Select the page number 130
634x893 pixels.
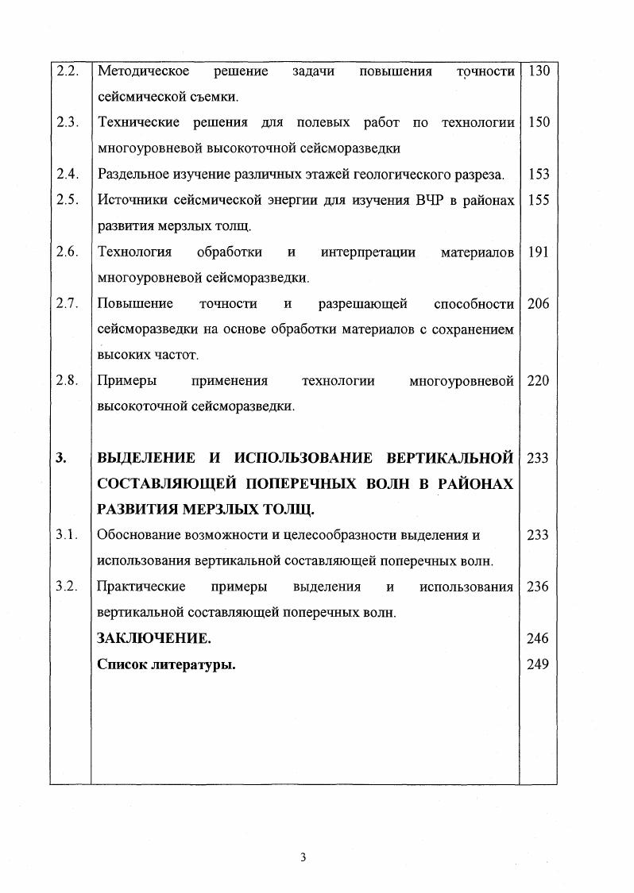[538, 71]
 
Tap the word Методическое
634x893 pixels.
[143, 71]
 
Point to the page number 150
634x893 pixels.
[538, 122]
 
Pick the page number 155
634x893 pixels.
[538, 200]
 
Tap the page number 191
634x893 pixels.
[538, 252]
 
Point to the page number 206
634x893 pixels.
[538, 303]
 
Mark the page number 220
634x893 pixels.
[538, 380]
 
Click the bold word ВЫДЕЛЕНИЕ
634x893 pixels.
[146, 458]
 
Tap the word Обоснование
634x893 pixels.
[136, 535]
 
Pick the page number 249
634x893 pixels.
[538, 664]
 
